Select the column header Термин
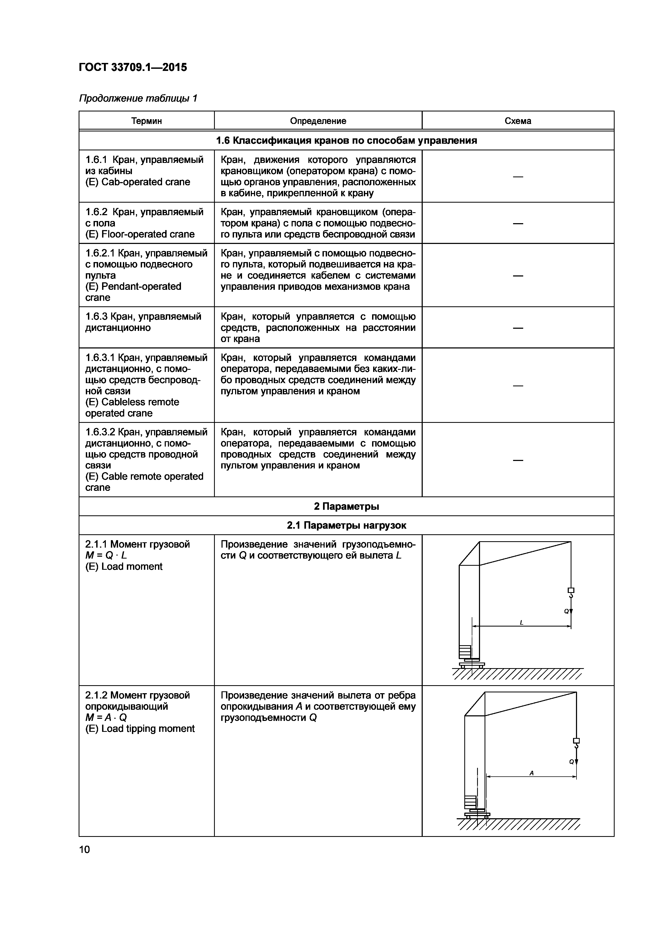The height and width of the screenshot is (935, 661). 147,121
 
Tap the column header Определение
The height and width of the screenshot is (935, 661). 318,121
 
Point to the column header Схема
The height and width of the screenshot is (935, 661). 518,121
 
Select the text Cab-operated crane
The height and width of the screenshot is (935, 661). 145,182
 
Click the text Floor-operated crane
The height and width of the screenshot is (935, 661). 148,234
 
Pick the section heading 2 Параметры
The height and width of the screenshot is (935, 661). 346,506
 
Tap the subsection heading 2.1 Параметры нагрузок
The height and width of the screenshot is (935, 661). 346,525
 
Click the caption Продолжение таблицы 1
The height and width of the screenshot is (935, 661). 138,98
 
